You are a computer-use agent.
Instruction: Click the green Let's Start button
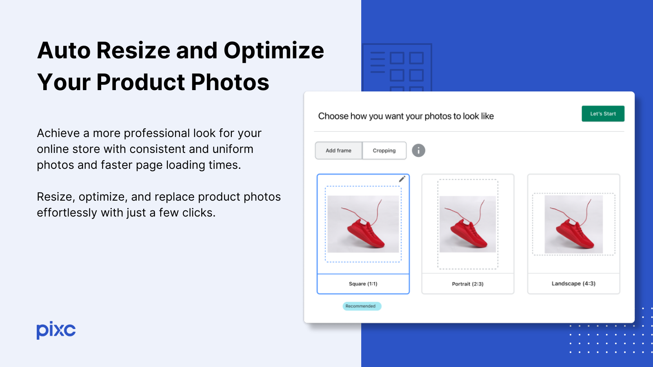pos(603,114)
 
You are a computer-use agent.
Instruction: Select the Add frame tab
pos(338,150)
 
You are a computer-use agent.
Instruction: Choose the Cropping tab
pos(384,150)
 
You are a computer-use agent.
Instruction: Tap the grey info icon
pos(418,150)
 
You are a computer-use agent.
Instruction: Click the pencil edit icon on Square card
pos(402,179)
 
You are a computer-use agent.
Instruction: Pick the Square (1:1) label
pos(363,284)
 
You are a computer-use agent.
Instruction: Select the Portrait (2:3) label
pos(467,284)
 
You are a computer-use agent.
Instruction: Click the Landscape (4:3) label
pos(573,283)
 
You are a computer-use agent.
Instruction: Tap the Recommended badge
pos(362,306)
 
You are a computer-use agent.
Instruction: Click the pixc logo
pos(56,330)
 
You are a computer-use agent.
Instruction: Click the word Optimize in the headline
pos(273,51)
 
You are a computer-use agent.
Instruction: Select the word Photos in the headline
pos(230,82)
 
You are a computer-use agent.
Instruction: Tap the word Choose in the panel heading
pos(333,116)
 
